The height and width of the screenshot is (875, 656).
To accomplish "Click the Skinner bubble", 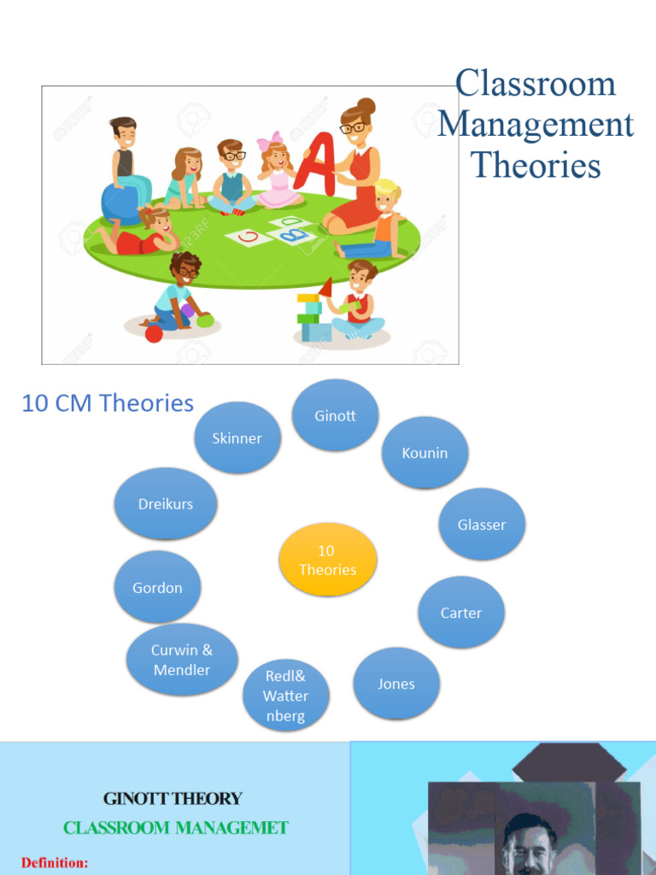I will click(x=237, y=437).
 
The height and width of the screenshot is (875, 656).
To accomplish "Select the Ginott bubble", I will click(x=335, y=415).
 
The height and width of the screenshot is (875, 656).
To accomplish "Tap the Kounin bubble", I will click(x=425, y=453).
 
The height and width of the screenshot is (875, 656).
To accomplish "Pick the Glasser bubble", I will click(x=482, y=525).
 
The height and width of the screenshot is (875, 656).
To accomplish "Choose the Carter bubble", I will click(x=461, y=613).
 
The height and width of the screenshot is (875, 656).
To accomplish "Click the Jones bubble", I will click(x=396, y=684).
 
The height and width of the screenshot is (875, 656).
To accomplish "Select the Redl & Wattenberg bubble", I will click(x=285, y=696).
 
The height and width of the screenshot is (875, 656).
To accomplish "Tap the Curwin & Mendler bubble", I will click(x=182, y=660).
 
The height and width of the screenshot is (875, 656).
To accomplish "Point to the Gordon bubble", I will click(x=157, y=587).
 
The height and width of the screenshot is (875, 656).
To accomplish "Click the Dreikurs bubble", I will click(x=166, y=503).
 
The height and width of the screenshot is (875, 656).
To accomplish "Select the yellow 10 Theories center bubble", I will click(x=327, y=560).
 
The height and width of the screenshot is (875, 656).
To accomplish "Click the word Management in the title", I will click(x=536, y=125).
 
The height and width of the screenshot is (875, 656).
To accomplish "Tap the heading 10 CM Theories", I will click(x=108, y=403).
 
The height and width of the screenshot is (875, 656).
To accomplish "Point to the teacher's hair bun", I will click(x=366, y=106).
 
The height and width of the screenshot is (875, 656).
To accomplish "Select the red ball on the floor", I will click(x=154, y=333).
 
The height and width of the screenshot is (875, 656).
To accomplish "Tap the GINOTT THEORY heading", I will click(x=173, y=799).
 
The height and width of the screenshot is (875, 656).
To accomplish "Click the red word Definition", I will click(x=55, y=863).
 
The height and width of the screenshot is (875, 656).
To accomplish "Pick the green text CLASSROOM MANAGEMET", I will click(x=176, y=827).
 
